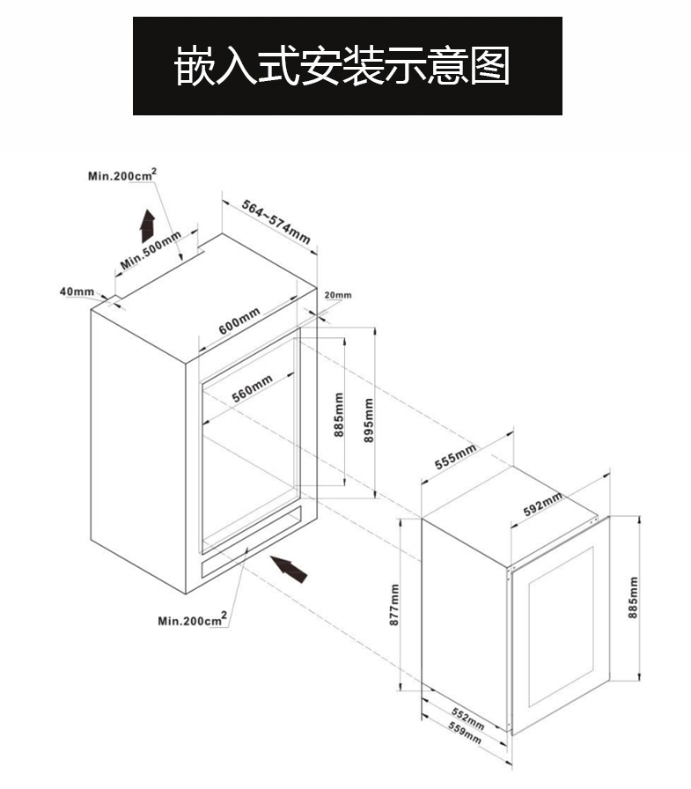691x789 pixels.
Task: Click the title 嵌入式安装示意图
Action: tap(346, 66)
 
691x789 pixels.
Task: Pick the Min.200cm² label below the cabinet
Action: tap(192, 620)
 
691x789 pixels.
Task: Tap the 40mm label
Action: tap(77, 291)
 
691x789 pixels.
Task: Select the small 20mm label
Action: tap(337, 295)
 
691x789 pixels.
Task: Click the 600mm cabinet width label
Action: tap(239, 321)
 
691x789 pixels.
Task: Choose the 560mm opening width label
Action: tap(252, 387)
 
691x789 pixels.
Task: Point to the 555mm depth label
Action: tap(456, 457)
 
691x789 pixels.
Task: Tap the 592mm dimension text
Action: tap(543, 505)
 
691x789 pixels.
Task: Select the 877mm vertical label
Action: tap(395, 605)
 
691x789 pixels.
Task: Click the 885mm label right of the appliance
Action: tap(632, 598)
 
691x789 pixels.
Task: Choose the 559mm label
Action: tap(464, 733)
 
